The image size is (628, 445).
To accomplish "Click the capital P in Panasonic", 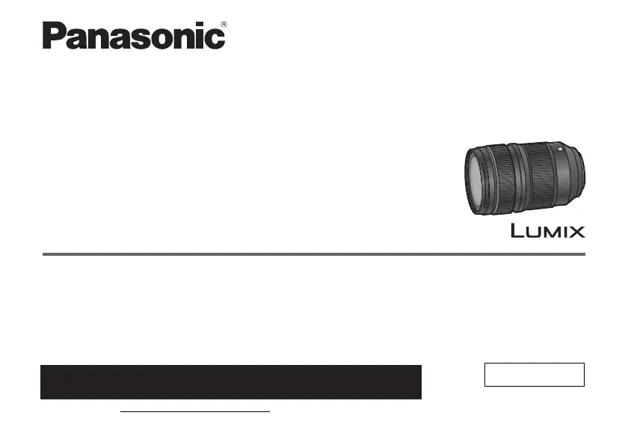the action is (54, 35).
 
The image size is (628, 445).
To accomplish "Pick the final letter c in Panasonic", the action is (215, 39).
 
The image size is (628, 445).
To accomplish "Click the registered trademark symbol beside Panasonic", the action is (224, 25).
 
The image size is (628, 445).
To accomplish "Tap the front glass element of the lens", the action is (475, 180).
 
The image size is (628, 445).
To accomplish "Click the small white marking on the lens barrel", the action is (560, 149).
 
